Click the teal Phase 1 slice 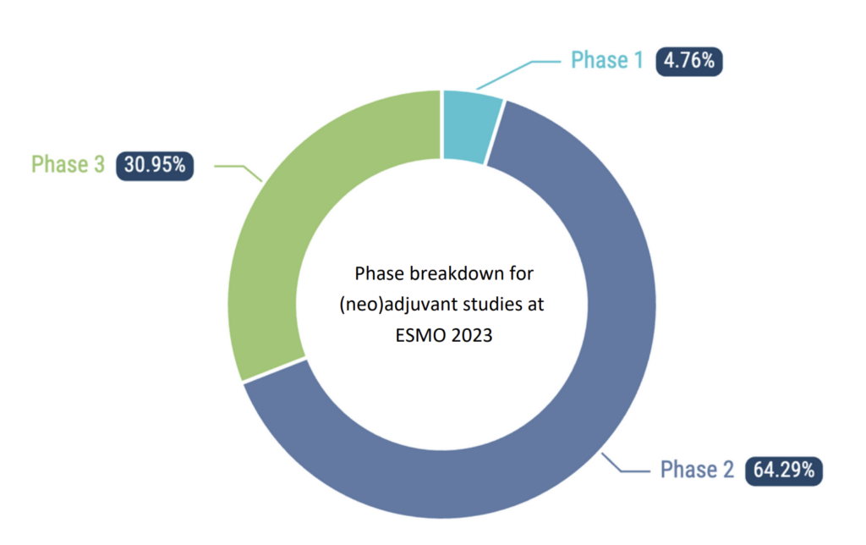point(469,126)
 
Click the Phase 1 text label point(607,60)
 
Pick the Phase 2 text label point(697,470)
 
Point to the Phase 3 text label point(68,164)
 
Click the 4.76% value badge point(689,61)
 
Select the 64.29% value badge point(784,471)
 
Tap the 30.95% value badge point(155,165)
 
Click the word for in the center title point(521,273)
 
